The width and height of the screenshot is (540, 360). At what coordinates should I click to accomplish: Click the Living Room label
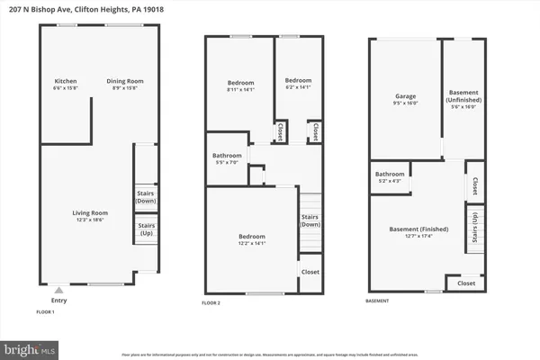90,215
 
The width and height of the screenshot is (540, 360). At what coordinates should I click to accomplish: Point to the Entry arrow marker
59,290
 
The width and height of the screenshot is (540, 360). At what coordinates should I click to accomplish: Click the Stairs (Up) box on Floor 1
147,229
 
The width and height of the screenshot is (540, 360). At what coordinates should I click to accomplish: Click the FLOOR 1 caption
45,311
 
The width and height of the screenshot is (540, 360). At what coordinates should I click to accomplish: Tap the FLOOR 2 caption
213,303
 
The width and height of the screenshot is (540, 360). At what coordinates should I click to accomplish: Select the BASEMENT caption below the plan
379,300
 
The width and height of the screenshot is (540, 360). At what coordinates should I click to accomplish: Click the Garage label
404,98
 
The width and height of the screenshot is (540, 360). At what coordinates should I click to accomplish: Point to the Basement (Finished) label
415,230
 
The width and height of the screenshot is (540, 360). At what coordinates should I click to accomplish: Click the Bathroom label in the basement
390,176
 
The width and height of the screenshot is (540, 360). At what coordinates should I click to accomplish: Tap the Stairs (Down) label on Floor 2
310,220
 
